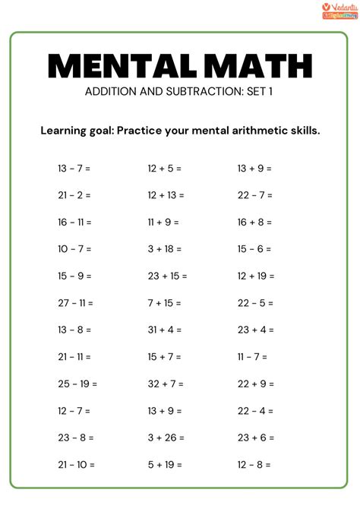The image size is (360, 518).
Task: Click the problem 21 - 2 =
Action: [74, 195]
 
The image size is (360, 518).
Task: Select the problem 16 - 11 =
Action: [74, 223]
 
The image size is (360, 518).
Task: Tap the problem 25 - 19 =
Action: [77, 384]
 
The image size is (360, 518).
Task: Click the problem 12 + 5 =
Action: [165, 169]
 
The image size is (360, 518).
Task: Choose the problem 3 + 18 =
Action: [165, 249]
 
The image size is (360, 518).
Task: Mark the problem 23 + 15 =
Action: [167, 276]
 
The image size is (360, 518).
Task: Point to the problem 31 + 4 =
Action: [165, 330]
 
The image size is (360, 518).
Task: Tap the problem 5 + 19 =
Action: [165, 464]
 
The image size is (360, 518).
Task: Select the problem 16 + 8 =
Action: [254, 223]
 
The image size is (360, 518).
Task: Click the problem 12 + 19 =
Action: [256, 276]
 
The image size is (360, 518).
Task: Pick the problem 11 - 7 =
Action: [253, 356]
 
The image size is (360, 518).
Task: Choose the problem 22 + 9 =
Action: [255, 384]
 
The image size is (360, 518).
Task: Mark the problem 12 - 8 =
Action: [254, 464]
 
